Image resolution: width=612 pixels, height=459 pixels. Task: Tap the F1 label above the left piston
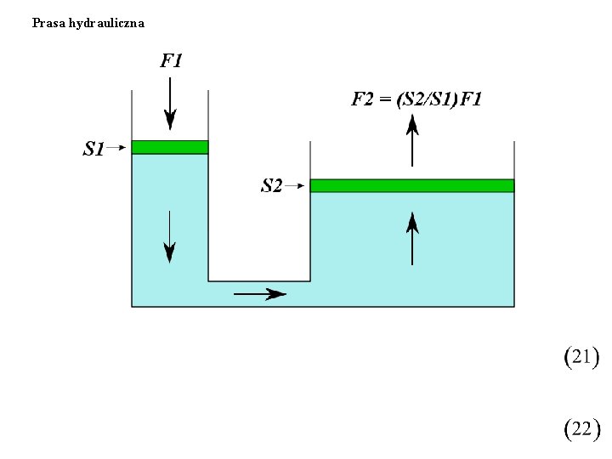click(x=171, y=60)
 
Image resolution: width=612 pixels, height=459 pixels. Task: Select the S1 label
click(x=93, y=150)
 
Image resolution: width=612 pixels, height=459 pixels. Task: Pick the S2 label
click(x=271, y=185)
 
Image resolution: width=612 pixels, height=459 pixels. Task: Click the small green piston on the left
click(x=170, y=147)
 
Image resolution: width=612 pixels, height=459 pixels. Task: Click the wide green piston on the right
click(x=412, y=185)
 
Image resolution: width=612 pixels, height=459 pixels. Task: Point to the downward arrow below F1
click(x=170, y=103)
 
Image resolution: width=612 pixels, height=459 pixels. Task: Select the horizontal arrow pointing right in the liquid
click(x=260, y=294)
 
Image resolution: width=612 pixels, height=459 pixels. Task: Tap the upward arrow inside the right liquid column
click(x=412, y=239)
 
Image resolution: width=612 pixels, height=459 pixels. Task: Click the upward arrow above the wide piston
click(x=412, y=140)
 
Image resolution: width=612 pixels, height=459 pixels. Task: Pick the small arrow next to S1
click(x=117, y=148)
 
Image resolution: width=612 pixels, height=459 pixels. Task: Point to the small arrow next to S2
click(x=296, y=184)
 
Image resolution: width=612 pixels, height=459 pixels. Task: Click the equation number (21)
click(x=582, y=357)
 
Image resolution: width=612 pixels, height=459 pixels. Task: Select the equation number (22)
click(x=582, y=428)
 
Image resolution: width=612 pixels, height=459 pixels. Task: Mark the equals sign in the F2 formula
click(x=386, y=99)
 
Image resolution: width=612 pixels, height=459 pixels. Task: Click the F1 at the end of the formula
click(x=471, y=99)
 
